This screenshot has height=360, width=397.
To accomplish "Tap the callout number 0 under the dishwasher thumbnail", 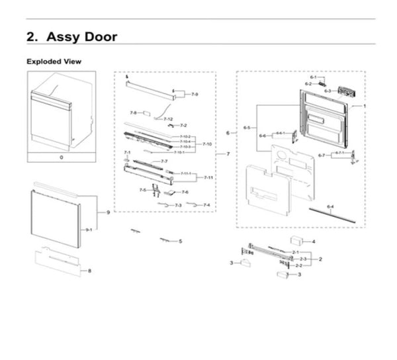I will (61, 158).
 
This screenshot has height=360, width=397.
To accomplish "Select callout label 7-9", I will (195, 95).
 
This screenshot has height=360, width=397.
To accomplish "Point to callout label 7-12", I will (168, 119).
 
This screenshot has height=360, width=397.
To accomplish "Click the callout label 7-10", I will (206, 144).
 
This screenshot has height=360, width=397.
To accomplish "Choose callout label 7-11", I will (208, 177).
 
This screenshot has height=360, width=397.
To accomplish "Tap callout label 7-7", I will (164, 161).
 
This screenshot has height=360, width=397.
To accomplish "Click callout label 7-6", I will (185, 192).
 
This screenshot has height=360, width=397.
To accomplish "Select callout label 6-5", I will (246, 126).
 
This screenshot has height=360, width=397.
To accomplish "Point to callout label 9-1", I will (89, 230).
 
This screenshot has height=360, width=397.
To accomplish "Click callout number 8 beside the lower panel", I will (89, 271).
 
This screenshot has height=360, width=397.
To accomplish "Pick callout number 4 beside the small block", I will (313, 242).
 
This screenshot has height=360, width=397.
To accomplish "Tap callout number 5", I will (180, 242).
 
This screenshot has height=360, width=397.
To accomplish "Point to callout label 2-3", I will (303, 259).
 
